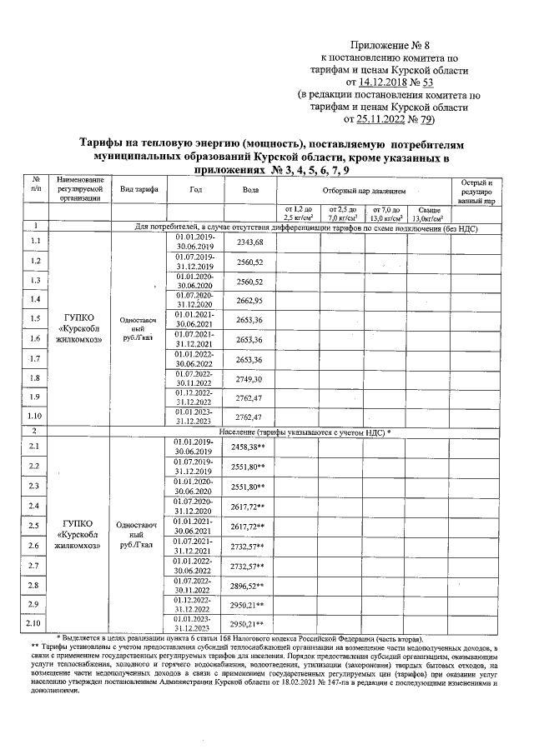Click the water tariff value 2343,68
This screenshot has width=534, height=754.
(x=249, y=242)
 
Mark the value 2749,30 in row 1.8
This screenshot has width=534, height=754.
(x=249, y=379)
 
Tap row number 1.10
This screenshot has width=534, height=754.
(x=35, y=417)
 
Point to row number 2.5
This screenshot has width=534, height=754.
(x=35, y=526)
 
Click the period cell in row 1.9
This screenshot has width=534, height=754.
(x=195, y=398)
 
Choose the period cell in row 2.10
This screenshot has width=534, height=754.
(x=195, y=623)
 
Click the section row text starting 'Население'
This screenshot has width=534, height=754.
(x=305, y=432)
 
